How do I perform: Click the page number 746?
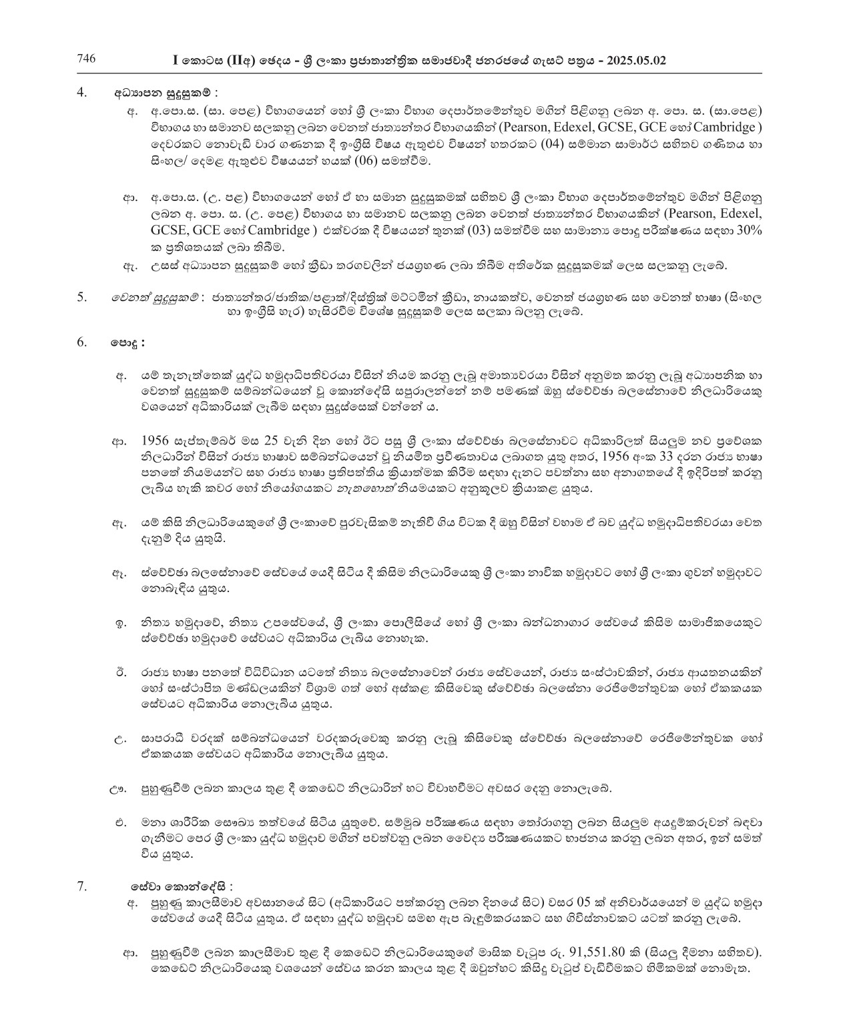(x=86, y=59)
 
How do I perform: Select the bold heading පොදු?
(x=127, y=343)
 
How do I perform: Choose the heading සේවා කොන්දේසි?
(x=182, y=887)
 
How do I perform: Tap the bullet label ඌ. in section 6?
(x=117, y=789)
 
